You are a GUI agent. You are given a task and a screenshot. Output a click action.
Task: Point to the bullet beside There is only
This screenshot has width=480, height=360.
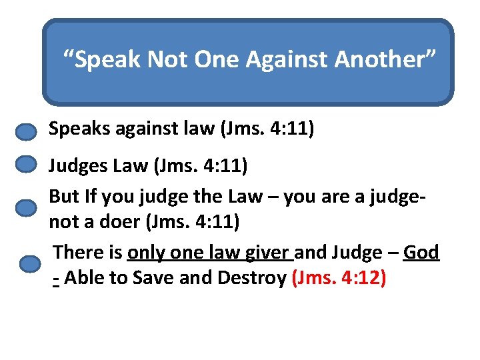(30, 264)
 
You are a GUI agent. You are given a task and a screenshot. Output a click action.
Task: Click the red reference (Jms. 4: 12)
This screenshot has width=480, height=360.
(339, 278)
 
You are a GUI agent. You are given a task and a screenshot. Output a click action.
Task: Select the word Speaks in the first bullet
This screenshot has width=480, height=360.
(73, 129)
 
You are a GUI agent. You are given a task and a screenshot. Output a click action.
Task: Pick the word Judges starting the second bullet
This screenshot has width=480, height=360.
(74, 165)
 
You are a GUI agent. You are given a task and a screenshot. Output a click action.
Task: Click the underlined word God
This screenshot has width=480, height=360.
(421, 253)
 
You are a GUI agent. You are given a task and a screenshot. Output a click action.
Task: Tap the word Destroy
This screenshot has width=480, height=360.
(253, 278)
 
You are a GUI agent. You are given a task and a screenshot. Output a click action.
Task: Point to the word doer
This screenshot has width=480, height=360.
(119, 222)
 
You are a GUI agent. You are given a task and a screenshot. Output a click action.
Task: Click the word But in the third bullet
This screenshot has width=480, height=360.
(63, 197)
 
